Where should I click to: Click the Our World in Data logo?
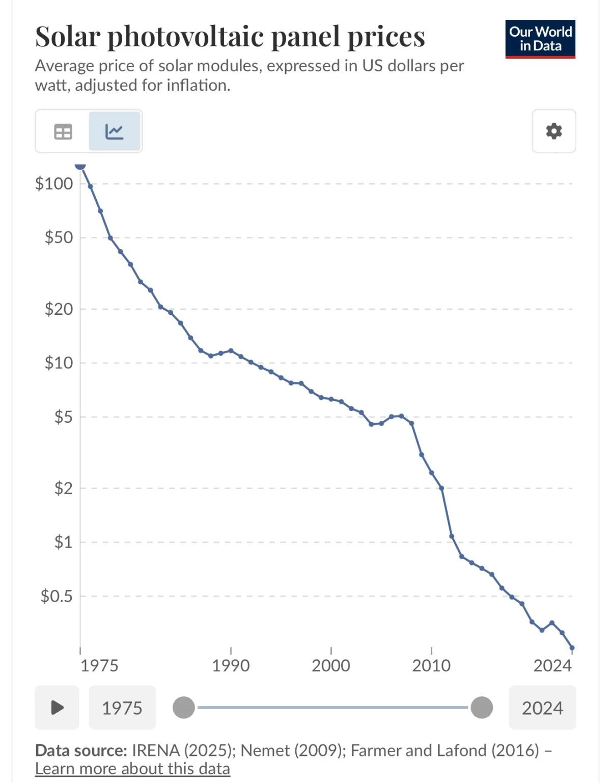540,39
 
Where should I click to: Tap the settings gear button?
553,131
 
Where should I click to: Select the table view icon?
63,132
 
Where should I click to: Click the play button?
57,708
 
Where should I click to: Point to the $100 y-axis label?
54,183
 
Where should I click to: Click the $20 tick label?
59,309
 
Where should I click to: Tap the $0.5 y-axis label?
57,596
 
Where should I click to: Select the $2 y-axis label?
63,489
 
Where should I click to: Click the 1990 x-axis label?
231,665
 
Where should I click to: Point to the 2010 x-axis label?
431,665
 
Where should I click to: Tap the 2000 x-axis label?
331,665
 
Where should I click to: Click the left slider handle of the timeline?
184,708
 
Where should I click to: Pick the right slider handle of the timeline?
482,708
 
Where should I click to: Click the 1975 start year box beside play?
122,708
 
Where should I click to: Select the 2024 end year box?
542,708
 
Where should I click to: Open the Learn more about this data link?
132,768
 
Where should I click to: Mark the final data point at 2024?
572,648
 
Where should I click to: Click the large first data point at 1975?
80,165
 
